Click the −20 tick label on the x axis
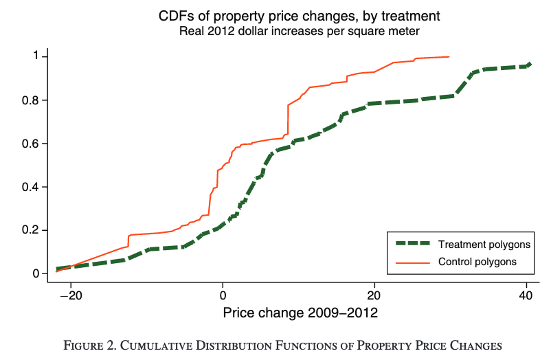pos(70,295)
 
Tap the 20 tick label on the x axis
pos(374,295)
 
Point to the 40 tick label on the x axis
pos(526,295)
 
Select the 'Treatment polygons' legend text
pos(484,244)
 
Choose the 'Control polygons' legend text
pos(477,261)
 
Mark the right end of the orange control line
pos(449,57)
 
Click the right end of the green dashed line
pos(529,64)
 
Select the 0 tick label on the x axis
pos(223,295)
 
